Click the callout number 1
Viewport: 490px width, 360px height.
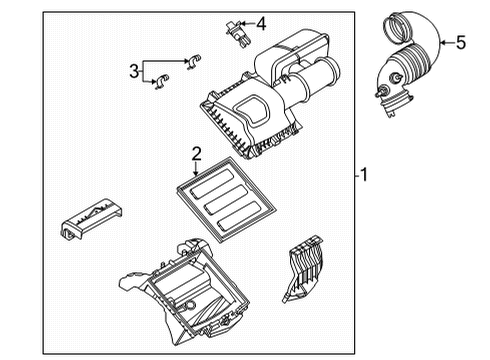click(x=365, y=175)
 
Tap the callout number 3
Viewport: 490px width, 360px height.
click(x=132, y=69)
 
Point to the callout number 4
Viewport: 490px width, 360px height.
click(x=260, y=23)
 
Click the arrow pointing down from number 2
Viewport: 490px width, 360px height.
click(x=197, y=167)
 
